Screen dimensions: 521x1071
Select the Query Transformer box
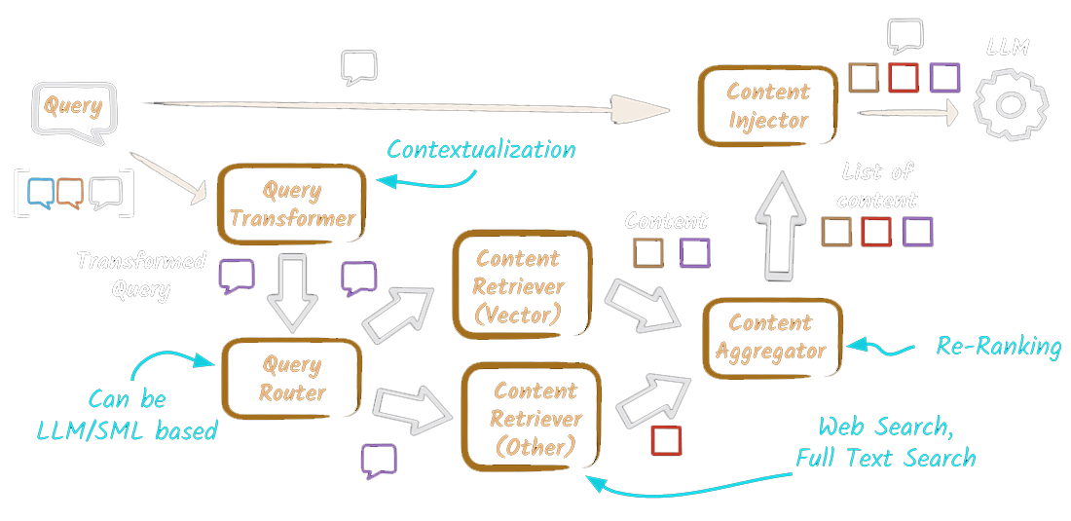pyautogui.click(x=292, y=204)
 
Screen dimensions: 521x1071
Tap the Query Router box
pyautogui.click(x=291, y=379)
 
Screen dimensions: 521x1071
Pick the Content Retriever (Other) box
pyautogui.click(x=535, y=419)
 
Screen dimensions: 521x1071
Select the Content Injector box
pyautogui.click(x=768, y=106)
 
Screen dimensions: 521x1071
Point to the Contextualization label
pyautogui.click(x=481, y=149)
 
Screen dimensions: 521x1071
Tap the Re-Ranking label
pyautogui.click(x=997, y=346)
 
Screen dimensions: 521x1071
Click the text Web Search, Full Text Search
pyautogui.click(x=885, y=442)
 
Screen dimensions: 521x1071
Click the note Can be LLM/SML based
pyautogui.click(x=127, y=415)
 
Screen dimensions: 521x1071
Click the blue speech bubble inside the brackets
pyautogui.click(x=42, y=192)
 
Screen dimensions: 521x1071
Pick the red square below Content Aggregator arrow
pyautogui.click(x=666, y=440)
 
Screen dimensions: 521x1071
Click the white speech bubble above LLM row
pyautogui.click(x=905, y=36)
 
